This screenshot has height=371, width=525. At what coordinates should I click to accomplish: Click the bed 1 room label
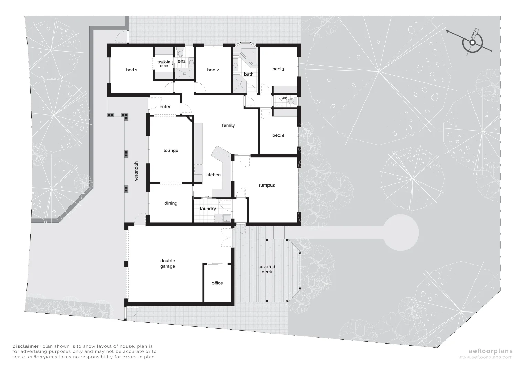132,70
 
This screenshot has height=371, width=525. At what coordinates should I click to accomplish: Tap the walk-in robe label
164,64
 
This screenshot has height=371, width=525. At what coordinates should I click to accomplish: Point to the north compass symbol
473,42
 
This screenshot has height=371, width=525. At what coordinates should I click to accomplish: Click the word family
228,125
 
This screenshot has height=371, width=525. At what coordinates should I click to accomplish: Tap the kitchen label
213,175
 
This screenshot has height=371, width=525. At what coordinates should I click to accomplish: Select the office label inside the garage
217,283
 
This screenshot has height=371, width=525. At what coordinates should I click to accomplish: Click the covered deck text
267,269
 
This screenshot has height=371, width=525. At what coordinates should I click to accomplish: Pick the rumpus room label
267,185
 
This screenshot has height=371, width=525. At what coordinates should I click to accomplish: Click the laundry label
208,209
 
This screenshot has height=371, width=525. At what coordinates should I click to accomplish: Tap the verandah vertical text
136,171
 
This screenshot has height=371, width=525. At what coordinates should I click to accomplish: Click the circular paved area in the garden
401,232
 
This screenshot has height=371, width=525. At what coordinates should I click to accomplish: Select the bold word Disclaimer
26,346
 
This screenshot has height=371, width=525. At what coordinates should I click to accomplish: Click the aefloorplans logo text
491,351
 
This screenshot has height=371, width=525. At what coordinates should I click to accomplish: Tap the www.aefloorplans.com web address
485,357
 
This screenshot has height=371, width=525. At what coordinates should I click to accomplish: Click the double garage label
167,263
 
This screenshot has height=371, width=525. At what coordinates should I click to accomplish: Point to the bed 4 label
278,135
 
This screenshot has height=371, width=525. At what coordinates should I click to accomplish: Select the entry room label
165,107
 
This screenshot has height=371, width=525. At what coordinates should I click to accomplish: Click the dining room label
171,203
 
